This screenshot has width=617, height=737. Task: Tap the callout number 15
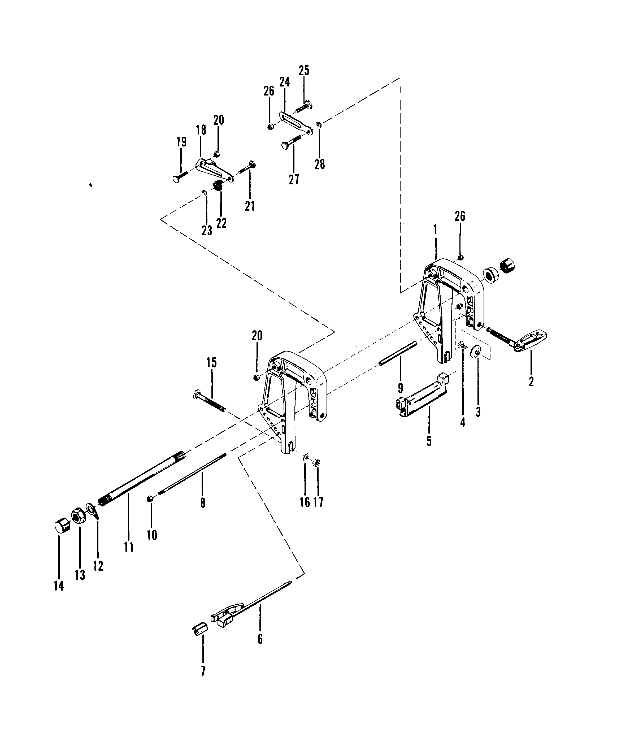coord(212,363)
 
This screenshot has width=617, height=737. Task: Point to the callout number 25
coord(304,71)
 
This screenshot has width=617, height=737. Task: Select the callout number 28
coord(319,164)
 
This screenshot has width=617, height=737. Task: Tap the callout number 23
coord(207,231)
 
